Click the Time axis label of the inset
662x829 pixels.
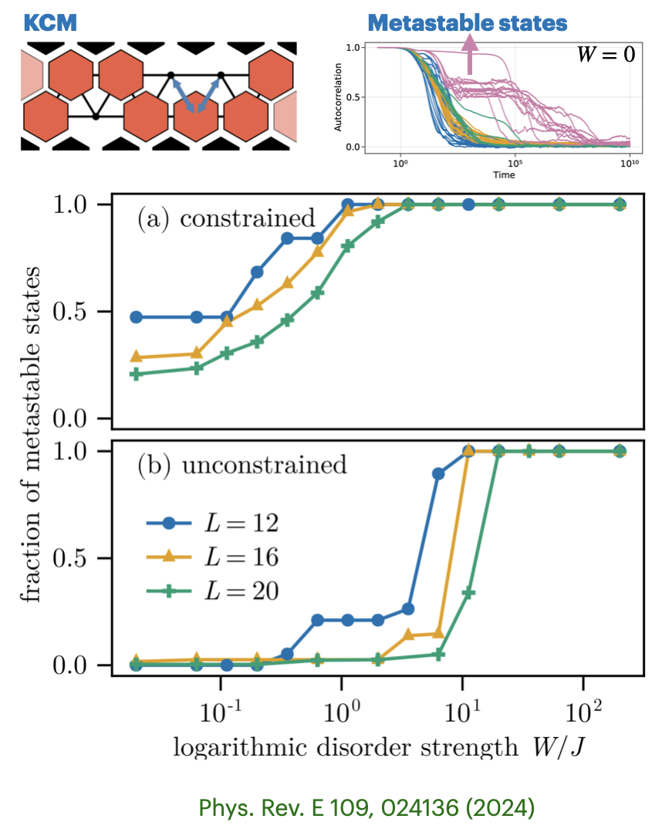coord(505,174)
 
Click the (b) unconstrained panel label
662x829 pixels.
coord(241,465)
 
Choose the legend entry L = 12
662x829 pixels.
coord(211,523)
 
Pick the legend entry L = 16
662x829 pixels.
coord(211,557)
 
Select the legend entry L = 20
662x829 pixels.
coord(211,591)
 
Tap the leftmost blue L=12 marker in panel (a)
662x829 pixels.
coord(136,317)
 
